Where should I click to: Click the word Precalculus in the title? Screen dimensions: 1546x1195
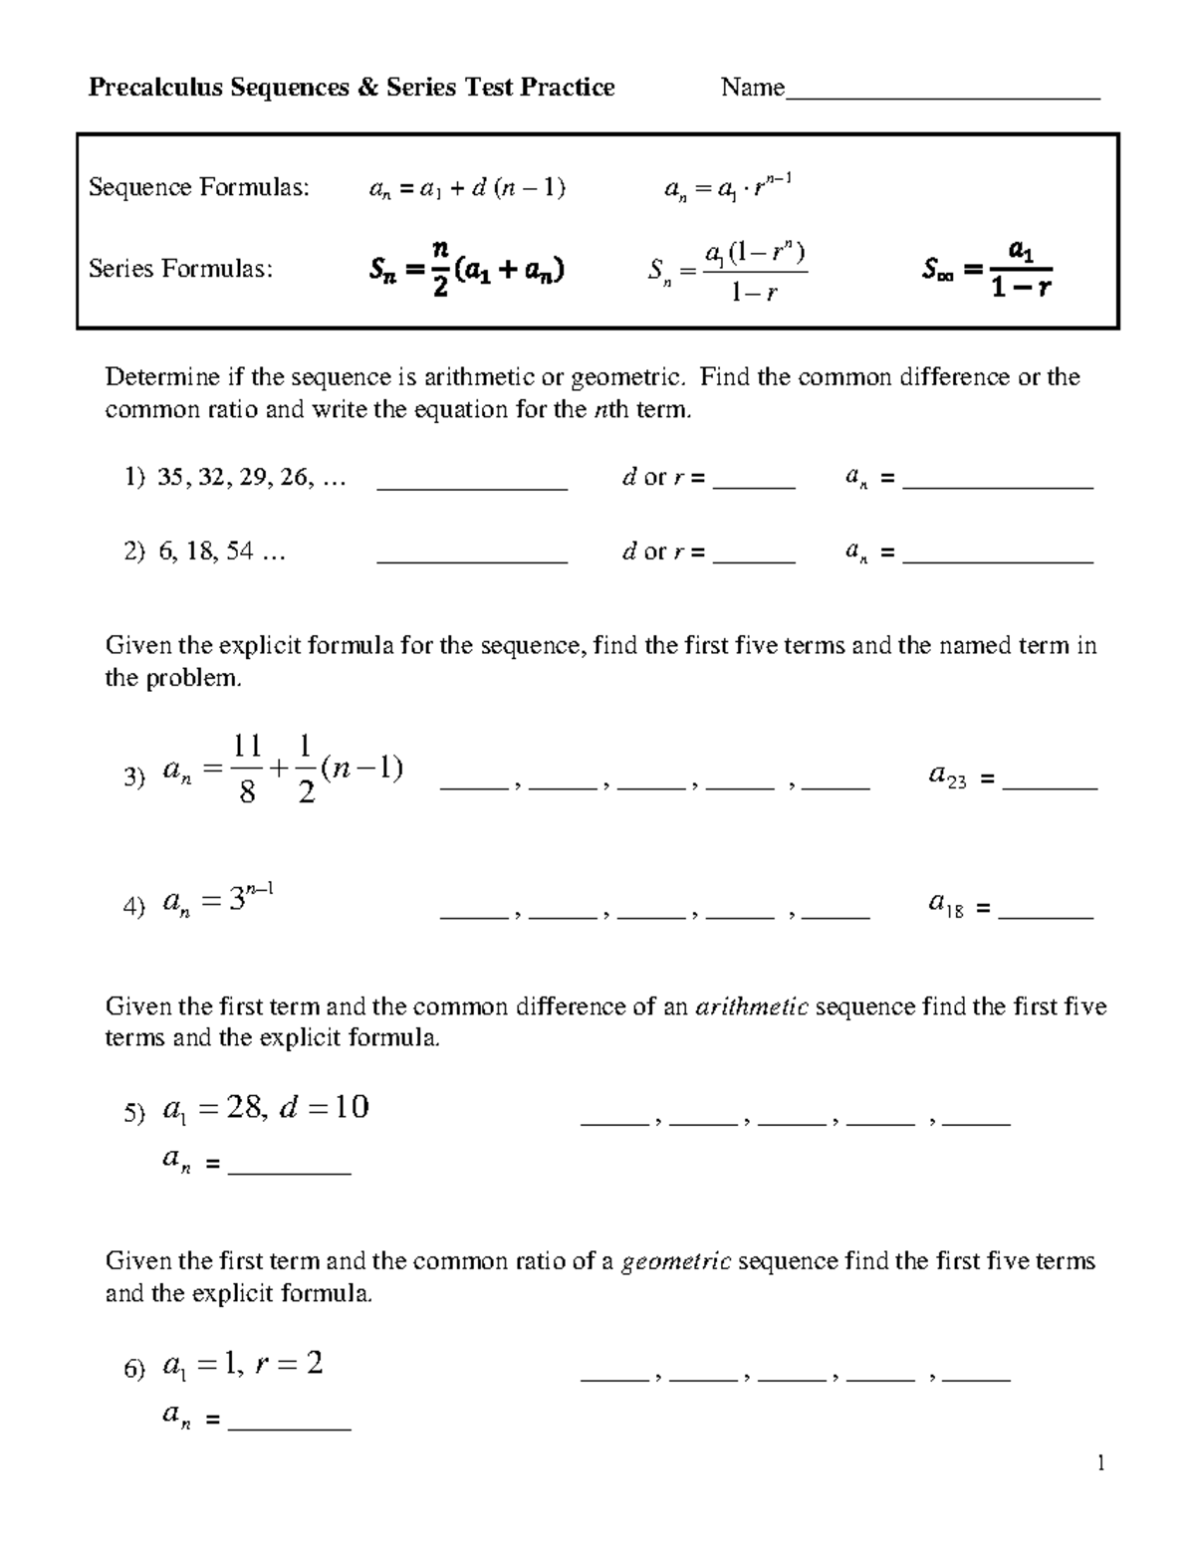coord(156,88)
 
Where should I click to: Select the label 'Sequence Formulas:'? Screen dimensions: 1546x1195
coord(199,187)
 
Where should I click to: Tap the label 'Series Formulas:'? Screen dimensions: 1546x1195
coord(180,269)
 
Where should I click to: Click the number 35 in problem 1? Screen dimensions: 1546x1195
coord(170,479)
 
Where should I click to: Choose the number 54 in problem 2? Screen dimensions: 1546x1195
coord(239,552)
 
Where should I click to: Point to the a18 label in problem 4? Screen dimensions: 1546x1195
coord(945,905)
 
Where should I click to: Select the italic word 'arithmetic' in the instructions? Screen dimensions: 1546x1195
coord(752,1006)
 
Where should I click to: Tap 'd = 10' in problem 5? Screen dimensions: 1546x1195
coord(325,1107)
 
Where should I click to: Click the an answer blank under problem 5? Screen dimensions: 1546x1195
coord(289,1171)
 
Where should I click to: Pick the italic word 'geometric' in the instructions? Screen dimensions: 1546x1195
coord(676,1262)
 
